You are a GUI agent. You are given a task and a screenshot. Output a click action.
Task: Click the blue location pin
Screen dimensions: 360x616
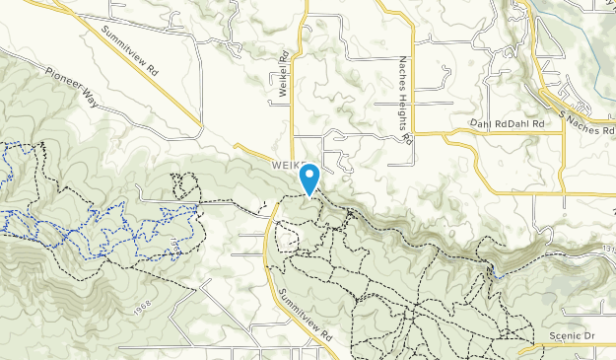click(310, 180)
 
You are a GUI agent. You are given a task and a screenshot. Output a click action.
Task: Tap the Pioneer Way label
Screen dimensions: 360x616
click(72, 86)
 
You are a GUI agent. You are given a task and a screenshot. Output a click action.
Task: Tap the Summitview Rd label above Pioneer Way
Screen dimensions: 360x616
click(129, 50)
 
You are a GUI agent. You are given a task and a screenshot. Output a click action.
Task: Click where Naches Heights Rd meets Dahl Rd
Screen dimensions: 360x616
click(412, 131)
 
